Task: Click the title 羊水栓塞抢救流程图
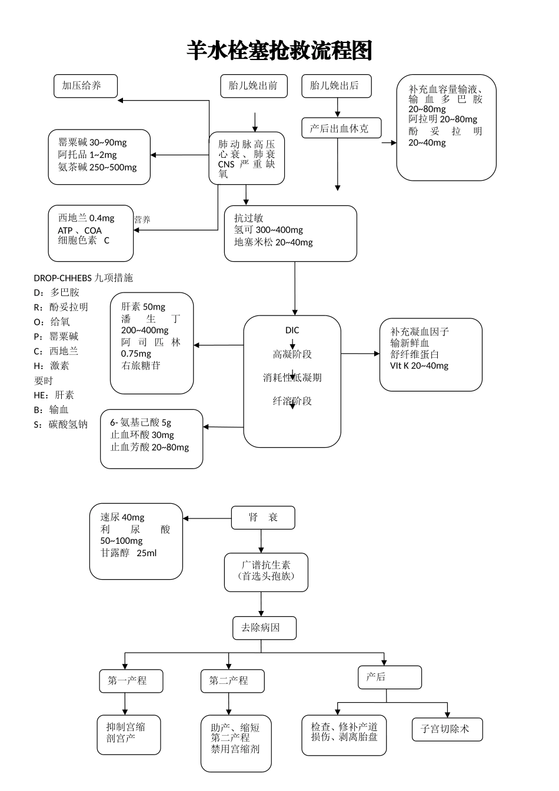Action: click(x=279, y=51)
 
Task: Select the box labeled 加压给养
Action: click(x=85, y=86)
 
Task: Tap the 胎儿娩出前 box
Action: click(x=254, y=86)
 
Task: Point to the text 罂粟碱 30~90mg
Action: click(x=92, y=142)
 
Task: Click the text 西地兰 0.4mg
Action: click(x=86, y=218)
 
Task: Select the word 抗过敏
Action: click(x=249, y=218)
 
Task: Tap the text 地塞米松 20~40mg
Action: click(x=274, y=242)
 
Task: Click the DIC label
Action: click(x=292, y=330)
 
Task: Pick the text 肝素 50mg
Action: click(x=143, y=307)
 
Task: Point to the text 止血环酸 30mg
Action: click(x=142, y=435)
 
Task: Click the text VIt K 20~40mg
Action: click(x=419, y=366)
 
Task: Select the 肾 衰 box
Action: click(x=263, y=517)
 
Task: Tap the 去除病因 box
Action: click(x=264, y=627)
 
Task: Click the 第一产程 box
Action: click(x=131, y=681)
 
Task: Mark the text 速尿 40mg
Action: click(x=122, y=517)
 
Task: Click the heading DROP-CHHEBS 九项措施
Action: click(x=83, y=278)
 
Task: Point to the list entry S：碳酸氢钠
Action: click(x=61, y=424)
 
